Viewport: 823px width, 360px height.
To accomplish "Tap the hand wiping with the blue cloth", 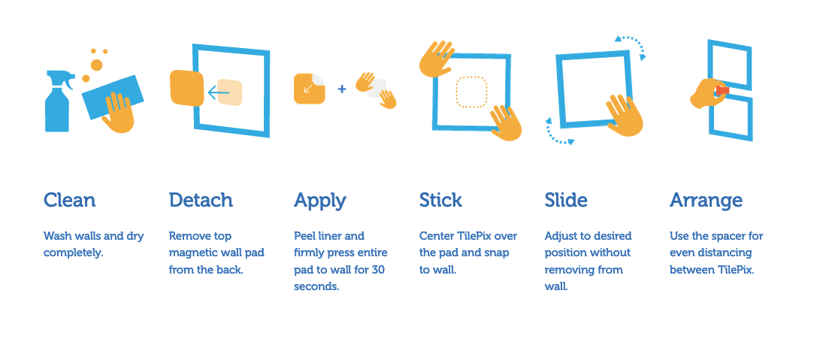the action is point(118,112).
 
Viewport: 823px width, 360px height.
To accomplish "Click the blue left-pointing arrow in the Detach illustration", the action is point(219,93).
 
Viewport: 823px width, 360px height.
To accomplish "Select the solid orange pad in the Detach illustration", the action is point(186,88).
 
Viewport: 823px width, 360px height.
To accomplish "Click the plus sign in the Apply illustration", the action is point(342,89).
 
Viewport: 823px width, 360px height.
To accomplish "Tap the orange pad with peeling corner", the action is point(309,88).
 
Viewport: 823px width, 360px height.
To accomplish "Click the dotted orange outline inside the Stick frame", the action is point(471,92).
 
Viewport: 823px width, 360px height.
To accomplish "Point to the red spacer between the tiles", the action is point(723,91).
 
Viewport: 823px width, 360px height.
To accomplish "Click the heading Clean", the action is point(69,200).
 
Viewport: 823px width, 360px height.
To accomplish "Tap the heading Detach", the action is point(201,200).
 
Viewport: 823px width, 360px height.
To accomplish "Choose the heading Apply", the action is point(319,201).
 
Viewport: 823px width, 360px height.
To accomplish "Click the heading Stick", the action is point(440,200).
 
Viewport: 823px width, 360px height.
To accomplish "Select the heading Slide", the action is point(566,200).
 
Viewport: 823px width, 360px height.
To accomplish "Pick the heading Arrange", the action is point(706,201).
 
